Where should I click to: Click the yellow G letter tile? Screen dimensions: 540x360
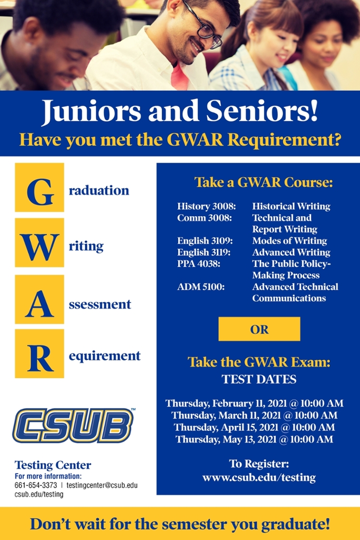coord(39,187)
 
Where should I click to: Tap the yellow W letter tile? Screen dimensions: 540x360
coord(39,243)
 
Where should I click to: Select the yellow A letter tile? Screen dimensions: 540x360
coord(39,299)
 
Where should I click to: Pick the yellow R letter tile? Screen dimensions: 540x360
coord(39,354)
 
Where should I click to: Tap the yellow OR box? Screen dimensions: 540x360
coord(259,329)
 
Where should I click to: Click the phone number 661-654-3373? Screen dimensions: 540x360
coord(36,485)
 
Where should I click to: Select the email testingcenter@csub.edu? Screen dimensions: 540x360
coord(102,485)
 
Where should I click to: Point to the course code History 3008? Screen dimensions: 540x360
coord(206,206)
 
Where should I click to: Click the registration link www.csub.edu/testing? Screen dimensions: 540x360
coord(259,478)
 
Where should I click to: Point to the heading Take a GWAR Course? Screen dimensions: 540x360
coord(264,182)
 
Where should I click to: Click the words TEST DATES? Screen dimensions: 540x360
coord(259,379)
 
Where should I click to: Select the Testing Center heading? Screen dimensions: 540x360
coord(53,465)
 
